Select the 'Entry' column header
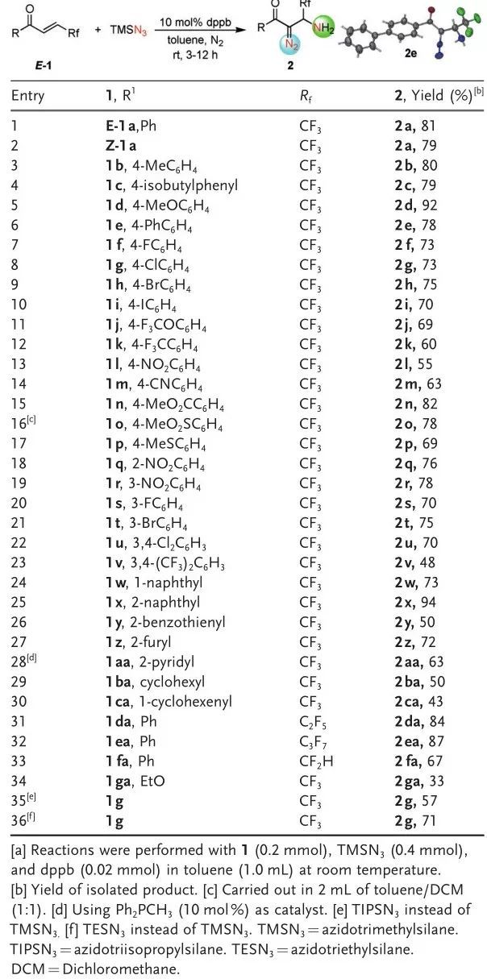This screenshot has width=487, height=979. (28, 95)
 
